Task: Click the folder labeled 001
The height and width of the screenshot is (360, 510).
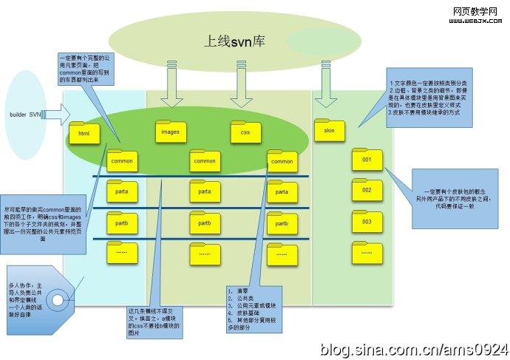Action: click(x=367, y=159)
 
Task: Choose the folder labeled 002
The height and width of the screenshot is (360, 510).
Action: click(x=367, y=190)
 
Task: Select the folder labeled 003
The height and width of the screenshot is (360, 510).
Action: click(x=367, y=221)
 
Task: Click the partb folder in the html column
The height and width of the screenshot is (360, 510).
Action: click(x=121, y=221)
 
